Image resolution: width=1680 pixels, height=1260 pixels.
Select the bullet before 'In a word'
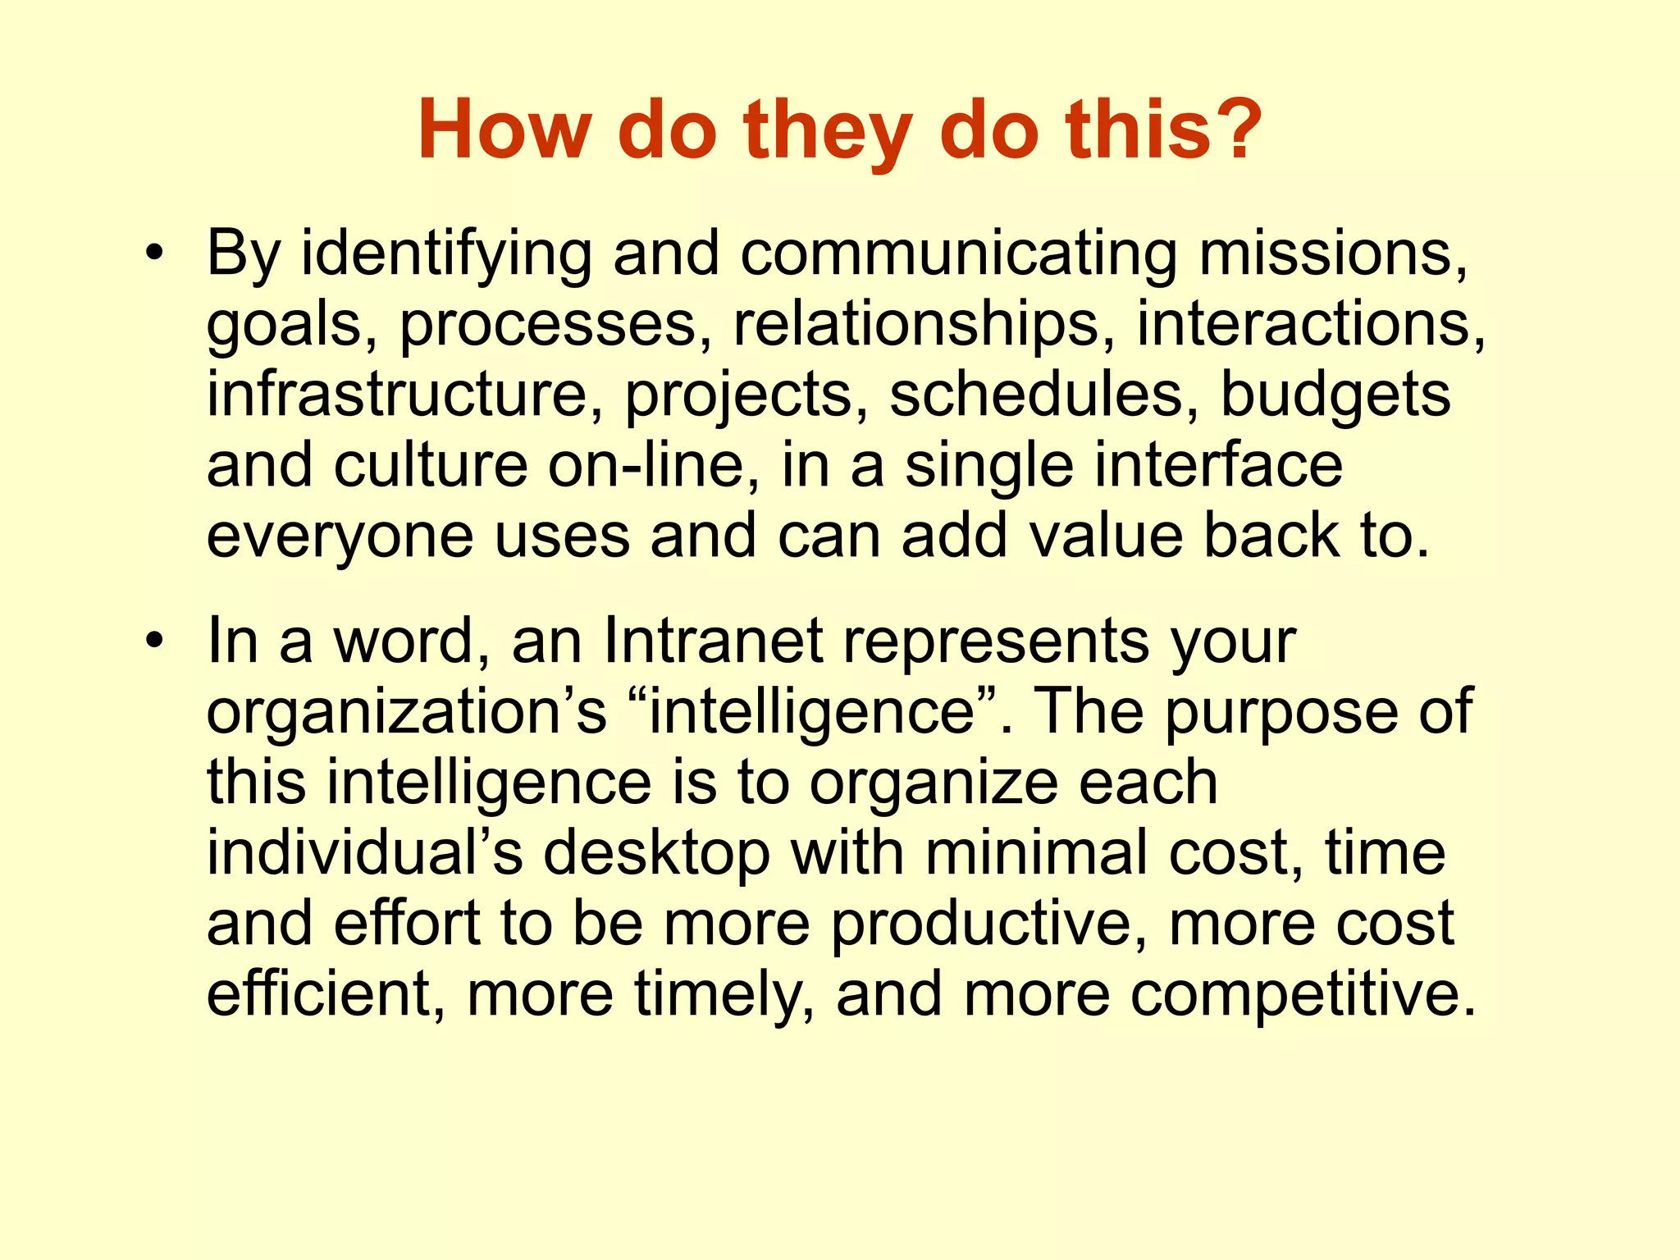[x=152, y=641]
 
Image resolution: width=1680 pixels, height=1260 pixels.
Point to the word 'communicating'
[x=960, y=254]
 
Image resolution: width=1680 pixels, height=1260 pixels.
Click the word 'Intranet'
[x=712, y=641]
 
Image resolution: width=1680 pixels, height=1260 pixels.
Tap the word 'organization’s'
[x=407, y=712]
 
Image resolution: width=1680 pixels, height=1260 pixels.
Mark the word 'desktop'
[x=656, y=853]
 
